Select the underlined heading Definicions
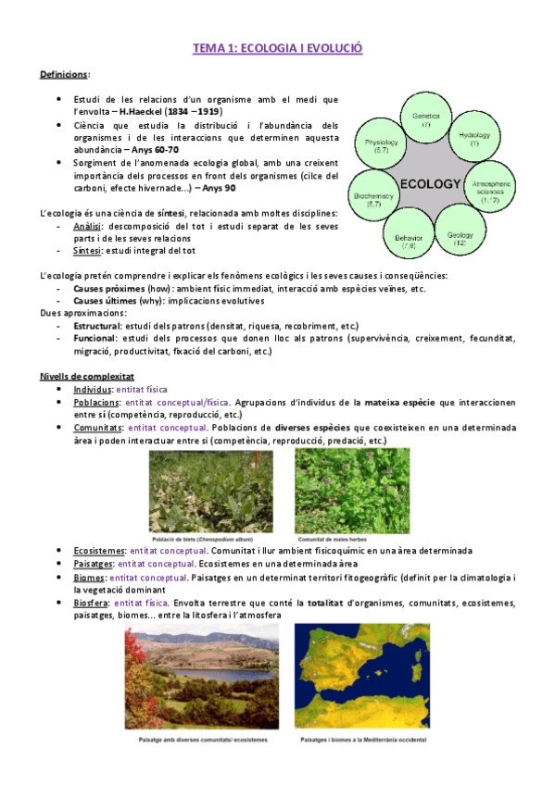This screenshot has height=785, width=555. click(x=63, y=73)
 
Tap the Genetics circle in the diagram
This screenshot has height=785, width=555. click(x=427, y=119)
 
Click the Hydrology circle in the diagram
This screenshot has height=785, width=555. click(x=474, y=140)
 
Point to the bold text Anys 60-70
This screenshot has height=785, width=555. click(x=155, y=148)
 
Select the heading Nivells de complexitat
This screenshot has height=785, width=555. click(x=87, y=376)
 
